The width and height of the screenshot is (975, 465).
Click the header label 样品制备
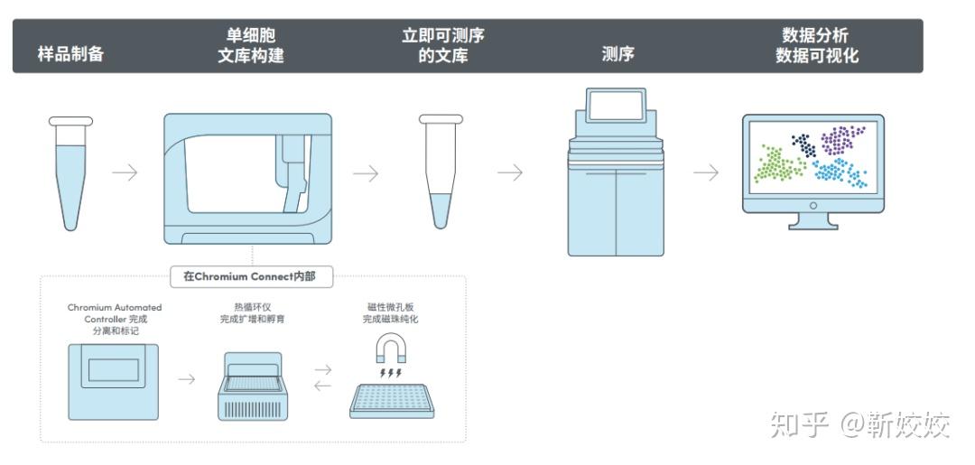(70, 54)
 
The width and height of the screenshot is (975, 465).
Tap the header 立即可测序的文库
(442, 45)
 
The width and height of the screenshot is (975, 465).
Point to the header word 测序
(617, 54)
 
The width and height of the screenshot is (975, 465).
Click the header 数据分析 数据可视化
(816, 45)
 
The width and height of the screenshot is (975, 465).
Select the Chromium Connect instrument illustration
(247, 178)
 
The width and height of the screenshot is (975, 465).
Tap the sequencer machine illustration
(616, 181)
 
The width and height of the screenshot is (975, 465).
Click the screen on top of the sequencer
(616, 107)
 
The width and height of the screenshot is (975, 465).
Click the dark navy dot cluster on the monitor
(803, 143)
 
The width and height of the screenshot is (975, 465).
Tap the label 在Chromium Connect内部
(250, 276)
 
